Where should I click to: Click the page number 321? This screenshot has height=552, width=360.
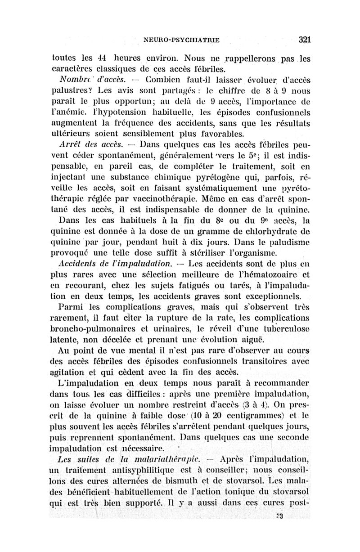pos(305,39)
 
